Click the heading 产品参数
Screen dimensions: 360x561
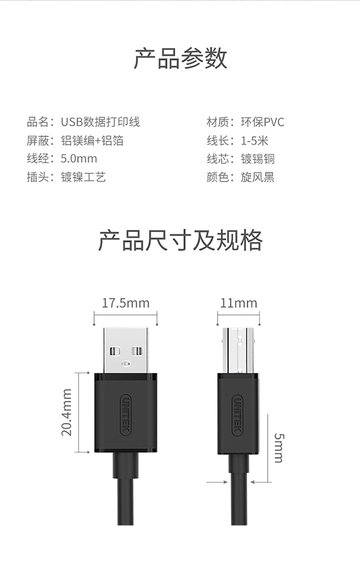click(180, 59)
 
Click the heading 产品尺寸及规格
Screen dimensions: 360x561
click(180, 240)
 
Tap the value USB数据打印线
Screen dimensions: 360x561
click(100, 122)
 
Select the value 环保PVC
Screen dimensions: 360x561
click(262, 122)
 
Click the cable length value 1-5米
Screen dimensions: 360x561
click(254, 141)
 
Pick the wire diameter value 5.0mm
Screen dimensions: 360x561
click(79, 159)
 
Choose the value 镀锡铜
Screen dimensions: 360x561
click(258, 159)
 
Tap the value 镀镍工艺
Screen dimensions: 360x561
click(83, 177)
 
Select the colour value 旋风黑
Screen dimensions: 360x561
click(258, 177)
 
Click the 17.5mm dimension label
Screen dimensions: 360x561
click(126, 303)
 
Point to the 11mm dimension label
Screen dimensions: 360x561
click(239, 303)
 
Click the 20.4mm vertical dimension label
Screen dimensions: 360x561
click(67, 412)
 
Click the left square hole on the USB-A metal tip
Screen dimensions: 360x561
click(114, 351)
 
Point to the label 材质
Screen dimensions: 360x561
click(216, 122)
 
